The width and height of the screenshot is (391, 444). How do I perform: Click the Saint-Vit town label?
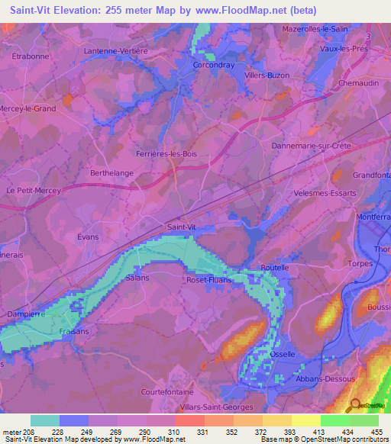pyautogui.click(x=182, y=227)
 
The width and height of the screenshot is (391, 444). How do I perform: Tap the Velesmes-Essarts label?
pyautogui.click(x=325, y=194)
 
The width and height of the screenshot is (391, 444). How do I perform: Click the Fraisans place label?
pyautogui.click(x=76, y=332)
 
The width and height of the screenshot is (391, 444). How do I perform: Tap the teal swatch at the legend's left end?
pyautogui.click(x=45, y=420)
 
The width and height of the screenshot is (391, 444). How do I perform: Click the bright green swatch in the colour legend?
pyautogui.click(x=335, y=420)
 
